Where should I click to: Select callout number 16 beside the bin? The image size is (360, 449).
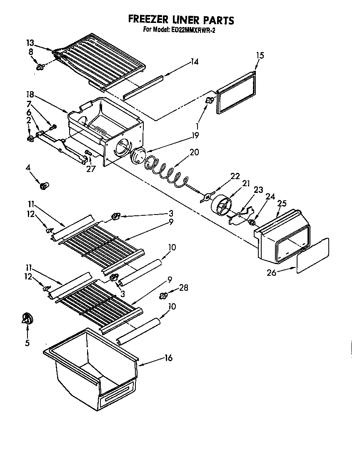tap(168, 358)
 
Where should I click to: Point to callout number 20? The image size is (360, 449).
tap(194, 152)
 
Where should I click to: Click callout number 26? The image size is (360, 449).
tap(272, 273)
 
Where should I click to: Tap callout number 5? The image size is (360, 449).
tap(27, 343)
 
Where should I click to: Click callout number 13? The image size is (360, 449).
tap(30, 43)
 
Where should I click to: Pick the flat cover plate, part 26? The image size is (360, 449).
tap(312, 255)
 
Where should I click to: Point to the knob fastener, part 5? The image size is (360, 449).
tap(27, 319)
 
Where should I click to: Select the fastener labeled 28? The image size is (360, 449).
tap(163, 295)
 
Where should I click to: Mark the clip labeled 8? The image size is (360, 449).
tap(40, 67)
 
